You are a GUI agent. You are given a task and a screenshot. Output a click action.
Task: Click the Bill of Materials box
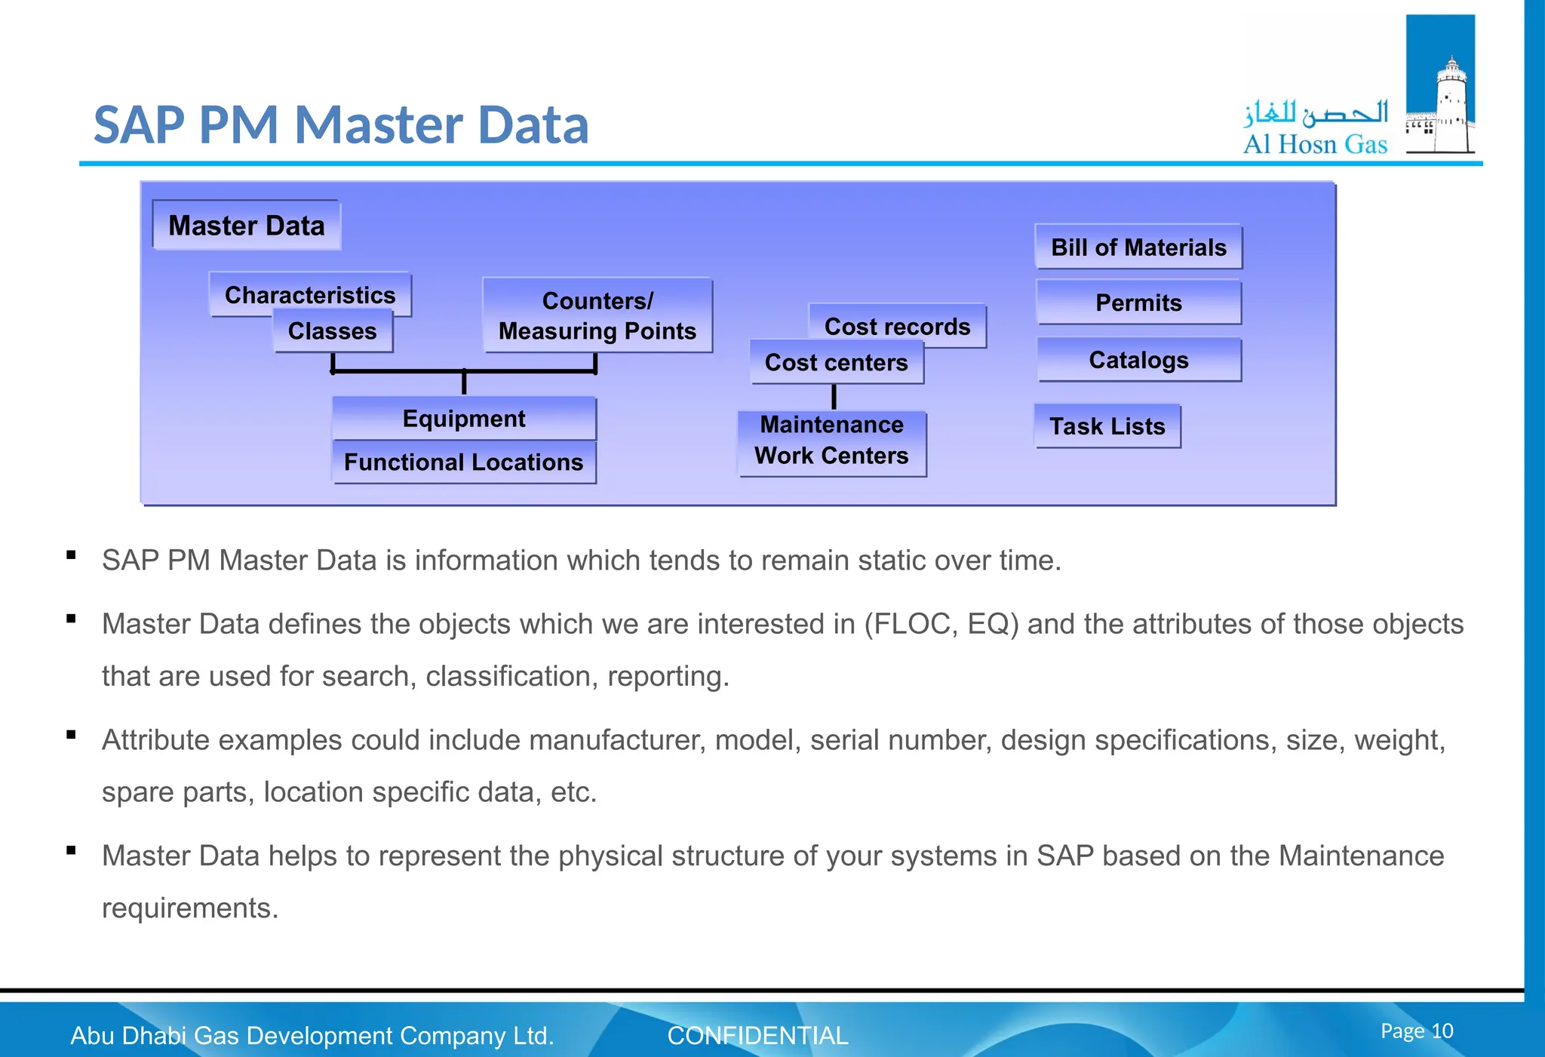[1138, 247]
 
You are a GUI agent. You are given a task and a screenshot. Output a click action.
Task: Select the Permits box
[1138, 303]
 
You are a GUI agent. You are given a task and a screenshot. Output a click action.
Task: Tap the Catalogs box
[1138, 360]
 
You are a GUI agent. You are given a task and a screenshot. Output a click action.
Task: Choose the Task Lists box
[1107, 426]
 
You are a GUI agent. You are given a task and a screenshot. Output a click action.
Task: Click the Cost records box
[897, 326]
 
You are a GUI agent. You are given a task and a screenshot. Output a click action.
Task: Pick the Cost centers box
[836, 363]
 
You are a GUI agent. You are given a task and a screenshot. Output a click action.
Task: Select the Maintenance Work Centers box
[831, 441]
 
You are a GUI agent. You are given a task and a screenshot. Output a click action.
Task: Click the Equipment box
[463, 419]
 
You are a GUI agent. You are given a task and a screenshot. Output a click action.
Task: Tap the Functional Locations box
[463, 462]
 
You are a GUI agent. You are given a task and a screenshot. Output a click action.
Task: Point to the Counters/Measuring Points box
[597, 315]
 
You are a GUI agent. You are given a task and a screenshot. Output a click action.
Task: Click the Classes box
[332, 332]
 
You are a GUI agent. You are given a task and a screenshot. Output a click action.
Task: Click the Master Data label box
[246, 226]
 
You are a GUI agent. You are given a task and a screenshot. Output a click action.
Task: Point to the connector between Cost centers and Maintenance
[834, 397]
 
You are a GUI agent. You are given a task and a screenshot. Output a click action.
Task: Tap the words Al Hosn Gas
[1315, 144]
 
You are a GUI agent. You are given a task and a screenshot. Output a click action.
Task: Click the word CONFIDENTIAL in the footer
[757, 1036]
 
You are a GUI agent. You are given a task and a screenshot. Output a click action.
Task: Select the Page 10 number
[1416, 1031]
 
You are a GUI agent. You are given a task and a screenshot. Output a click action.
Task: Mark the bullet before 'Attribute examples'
[72, 734]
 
